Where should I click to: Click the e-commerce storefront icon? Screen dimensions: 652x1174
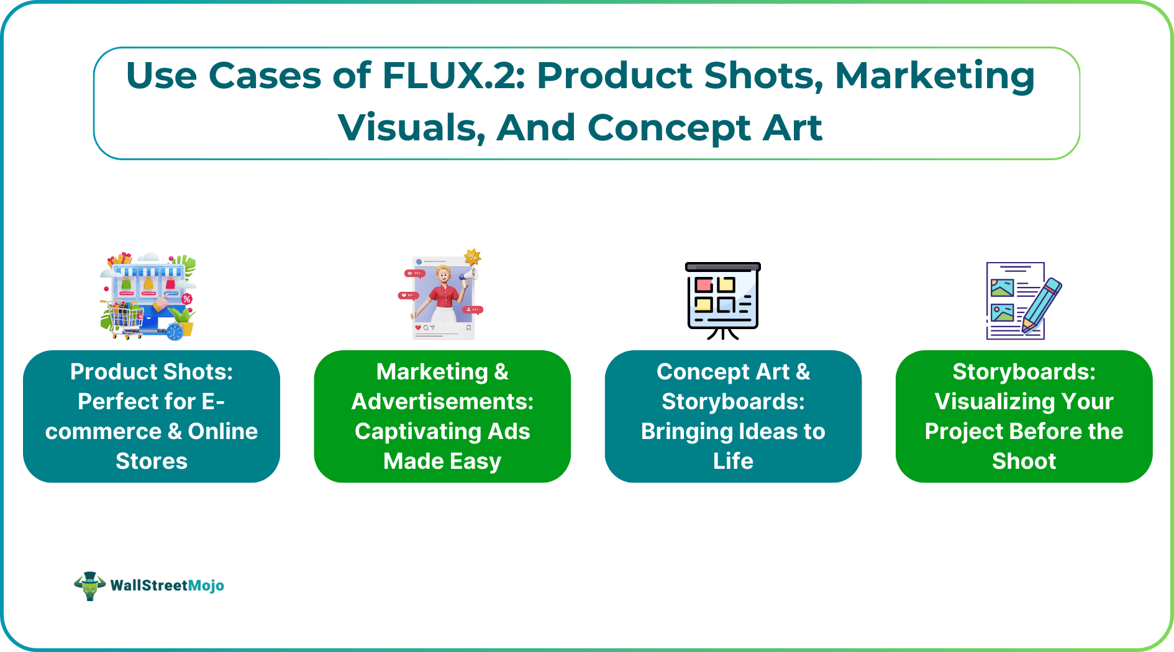148,295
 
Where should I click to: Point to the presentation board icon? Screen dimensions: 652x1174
722,299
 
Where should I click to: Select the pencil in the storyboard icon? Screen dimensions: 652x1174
1042,304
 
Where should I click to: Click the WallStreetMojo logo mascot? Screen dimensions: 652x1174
89,586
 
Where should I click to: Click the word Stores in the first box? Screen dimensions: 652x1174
152,461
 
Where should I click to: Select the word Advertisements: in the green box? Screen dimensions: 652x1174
442,402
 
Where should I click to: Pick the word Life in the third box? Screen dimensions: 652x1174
733,461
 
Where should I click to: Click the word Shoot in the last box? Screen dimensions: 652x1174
1024,461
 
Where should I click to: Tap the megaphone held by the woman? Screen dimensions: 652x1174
468,274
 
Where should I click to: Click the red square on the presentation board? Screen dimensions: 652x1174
704,285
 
